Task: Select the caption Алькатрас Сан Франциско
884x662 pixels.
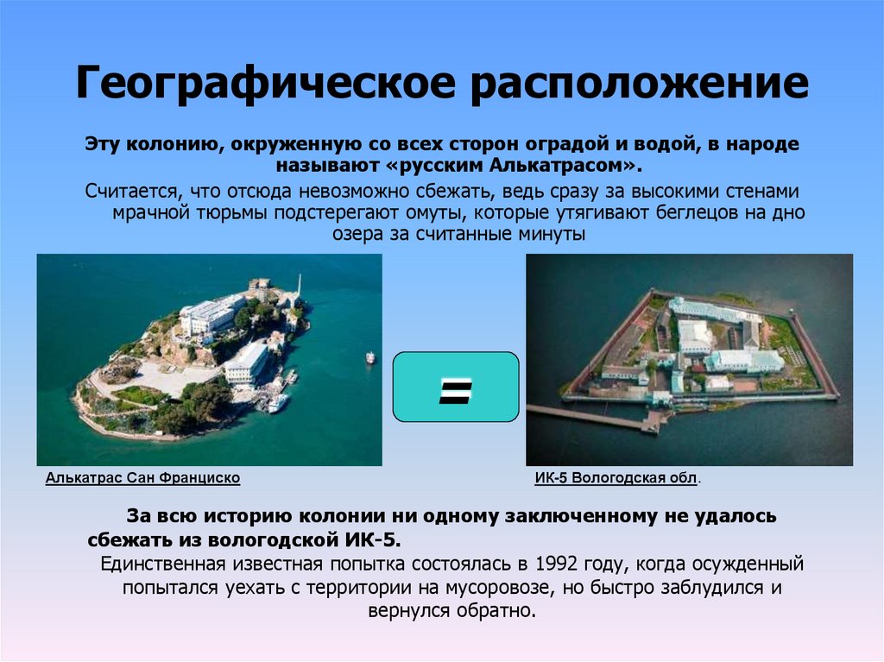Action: tap(142, 477)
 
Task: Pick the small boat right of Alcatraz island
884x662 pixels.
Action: tap(370, 356)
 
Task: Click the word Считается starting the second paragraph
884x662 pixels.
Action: tap(128, 191)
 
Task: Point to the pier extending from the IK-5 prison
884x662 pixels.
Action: tap(596, 418)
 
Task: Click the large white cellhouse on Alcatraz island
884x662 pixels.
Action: tap(210, 316)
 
